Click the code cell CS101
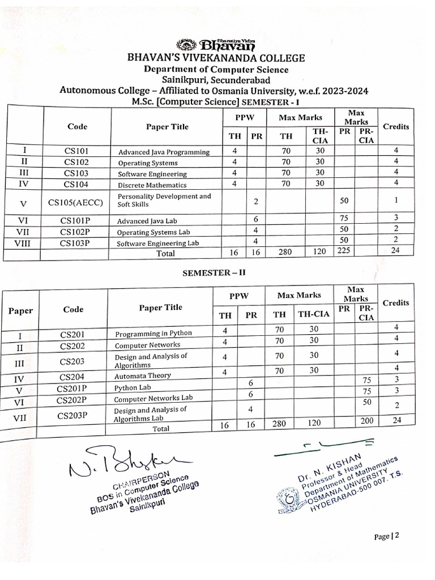point(76,151)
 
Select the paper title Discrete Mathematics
point(152,185)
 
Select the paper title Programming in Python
point(153,333)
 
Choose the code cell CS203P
point(73,415)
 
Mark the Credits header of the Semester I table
point(395,126)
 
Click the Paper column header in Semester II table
point(20,310)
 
